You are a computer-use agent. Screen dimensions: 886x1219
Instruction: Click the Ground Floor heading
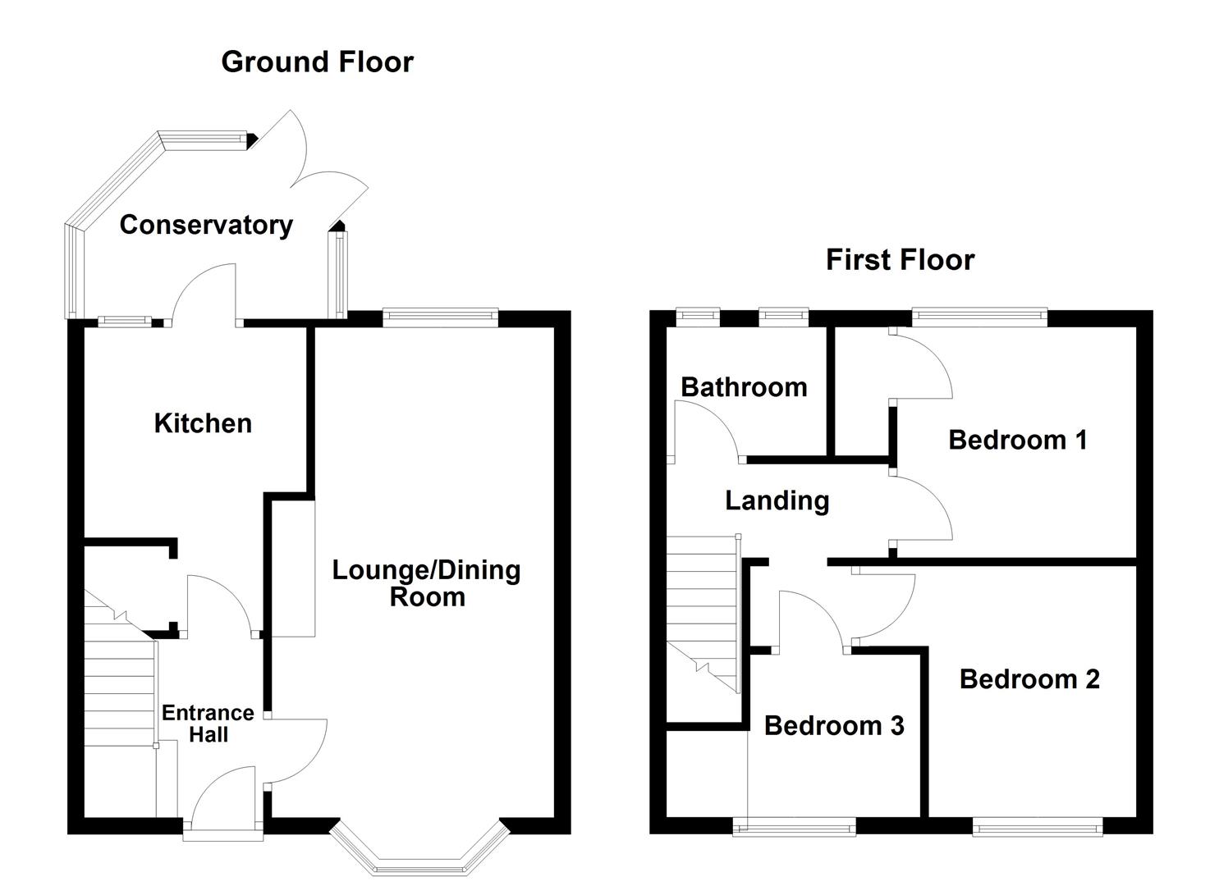point(317,62)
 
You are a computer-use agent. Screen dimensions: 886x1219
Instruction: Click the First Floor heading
point(900,260)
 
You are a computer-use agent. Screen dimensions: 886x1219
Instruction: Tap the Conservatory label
point(206,225)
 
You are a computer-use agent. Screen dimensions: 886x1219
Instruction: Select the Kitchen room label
point(203,423)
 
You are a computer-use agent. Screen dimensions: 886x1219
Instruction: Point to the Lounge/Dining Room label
point(426,583)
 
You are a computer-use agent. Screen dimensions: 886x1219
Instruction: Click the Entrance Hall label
point(208,724)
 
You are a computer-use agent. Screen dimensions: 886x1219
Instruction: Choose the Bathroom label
point(744,387)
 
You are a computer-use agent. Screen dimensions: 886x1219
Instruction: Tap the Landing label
point(777,500)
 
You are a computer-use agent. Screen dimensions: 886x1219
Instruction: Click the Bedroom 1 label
point(1017,440)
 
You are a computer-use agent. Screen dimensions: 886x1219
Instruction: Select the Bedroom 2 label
point(1029,679)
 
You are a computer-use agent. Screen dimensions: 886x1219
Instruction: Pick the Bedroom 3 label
point(834,725)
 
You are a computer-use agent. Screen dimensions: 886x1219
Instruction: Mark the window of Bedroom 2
point(1038,829)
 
